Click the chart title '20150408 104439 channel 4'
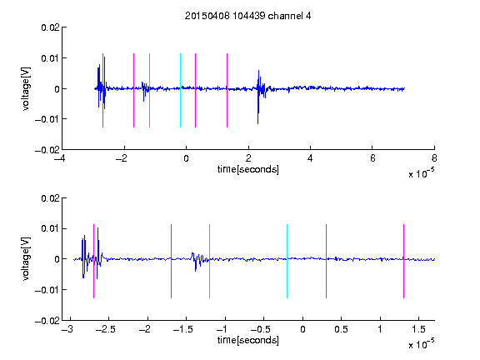[248, 16]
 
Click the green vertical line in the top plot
[149, 90]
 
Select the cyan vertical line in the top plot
[180, 90]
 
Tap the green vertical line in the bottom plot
[209, 261]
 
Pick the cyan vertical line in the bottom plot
[287, 261]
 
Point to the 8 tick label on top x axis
[434, 158]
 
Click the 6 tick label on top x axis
[372, 158]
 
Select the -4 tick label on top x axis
[60, 158]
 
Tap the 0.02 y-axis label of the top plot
[50, 27]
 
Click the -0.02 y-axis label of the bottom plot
[47, 321]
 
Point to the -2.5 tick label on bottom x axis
[106, 329]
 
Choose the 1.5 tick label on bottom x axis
[418, 329]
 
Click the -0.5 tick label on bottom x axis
[261, 329]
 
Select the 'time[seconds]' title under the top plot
[248, 169]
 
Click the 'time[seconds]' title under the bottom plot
[248, 340]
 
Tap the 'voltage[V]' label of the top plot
[27, 89]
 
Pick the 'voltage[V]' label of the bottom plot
[27, 259]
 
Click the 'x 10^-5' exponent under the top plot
[421, 173]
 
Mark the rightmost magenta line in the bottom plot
[403, 261]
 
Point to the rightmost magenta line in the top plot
[227, 90]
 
